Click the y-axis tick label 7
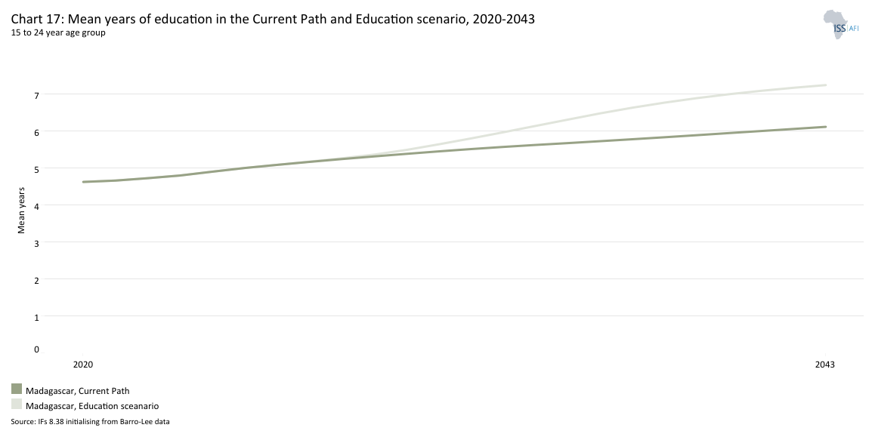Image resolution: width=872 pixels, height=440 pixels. [36, 95]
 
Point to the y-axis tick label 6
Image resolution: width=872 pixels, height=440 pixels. [36, 132]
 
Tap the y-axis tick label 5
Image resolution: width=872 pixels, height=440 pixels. [36, 169]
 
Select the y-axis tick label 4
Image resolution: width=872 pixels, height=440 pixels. [36, 206]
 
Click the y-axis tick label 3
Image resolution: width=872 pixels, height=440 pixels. [36, 243]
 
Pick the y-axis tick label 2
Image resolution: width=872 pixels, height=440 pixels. [36, 280]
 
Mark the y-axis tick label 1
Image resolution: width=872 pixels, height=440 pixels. [36, 317]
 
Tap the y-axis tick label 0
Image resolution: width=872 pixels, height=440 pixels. [36, 349]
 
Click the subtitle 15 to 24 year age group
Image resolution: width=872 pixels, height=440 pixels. [58, 32]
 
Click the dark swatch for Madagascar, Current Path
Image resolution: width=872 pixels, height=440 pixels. [17, 389]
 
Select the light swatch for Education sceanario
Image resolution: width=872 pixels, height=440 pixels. [17, 405]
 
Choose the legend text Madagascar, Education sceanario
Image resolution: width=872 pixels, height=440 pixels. [92, 406]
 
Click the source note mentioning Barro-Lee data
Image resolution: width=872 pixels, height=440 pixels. [90, 422]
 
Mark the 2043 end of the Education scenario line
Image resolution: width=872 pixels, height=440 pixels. [825, 85]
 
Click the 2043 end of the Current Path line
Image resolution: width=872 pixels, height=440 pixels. [825, 127]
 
